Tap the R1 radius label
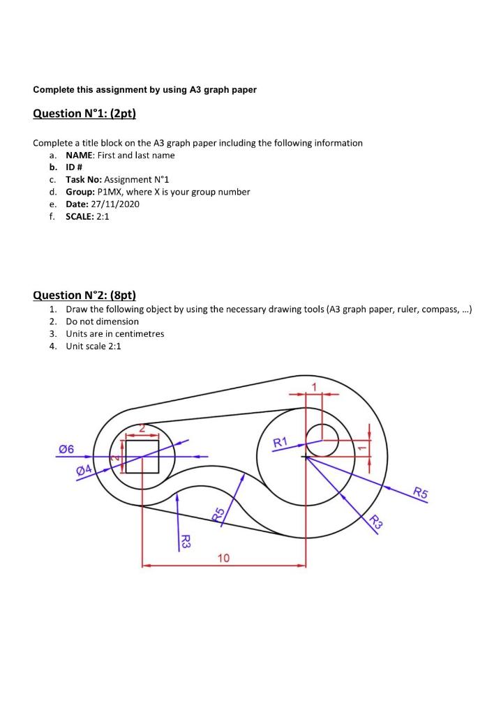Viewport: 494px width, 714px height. coord(280,441)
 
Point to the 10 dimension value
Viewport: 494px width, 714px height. coord(223,558)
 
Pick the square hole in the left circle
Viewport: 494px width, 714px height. coord(142,456)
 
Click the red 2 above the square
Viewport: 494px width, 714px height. coord(142,427)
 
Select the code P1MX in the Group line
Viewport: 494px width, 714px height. coord(109,192)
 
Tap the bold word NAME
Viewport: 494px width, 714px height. coord(79,155)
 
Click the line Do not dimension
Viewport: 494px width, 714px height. coord(102,321)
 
